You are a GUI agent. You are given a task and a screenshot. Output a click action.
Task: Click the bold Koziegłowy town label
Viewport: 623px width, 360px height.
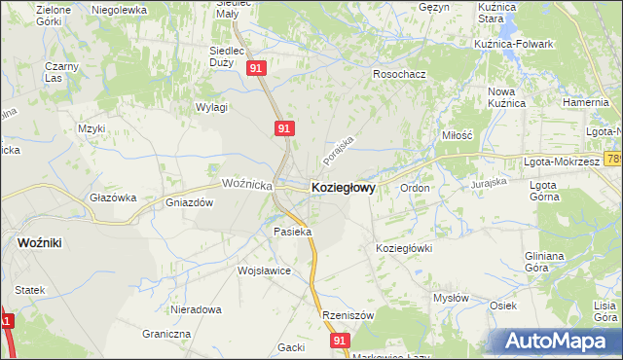pos(343,187)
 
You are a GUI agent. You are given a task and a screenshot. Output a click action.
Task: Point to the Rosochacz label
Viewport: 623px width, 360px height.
pos(400,74)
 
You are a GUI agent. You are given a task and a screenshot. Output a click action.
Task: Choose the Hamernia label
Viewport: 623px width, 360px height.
pos(585,101)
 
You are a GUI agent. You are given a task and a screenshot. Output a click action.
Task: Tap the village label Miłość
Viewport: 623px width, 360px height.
pos(457,136)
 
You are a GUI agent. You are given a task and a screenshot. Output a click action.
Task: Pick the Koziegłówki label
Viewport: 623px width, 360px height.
pos(404,248)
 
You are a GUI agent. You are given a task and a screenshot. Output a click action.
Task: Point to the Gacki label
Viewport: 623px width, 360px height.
pos(291,347)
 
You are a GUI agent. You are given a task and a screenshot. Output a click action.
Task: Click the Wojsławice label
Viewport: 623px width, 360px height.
pos(265,271)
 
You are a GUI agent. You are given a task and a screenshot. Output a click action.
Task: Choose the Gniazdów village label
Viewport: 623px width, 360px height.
pos(189,203)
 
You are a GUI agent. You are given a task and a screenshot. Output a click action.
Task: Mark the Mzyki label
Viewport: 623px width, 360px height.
pos(92,127)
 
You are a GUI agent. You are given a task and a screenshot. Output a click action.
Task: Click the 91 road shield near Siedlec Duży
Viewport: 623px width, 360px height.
pos(256,69)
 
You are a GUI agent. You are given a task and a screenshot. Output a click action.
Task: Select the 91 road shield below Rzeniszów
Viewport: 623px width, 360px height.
pos(339,341)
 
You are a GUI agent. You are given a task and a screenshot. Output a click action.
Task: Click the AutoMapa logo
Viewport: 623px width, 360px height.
pos(557,341)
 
